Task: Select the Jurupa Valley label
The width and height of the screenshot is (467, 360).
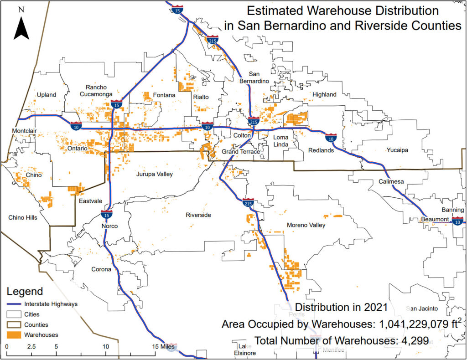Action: click(x=154, y=174)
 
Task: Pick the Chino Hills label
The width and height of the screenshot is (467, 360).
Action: click(x=23, y=217)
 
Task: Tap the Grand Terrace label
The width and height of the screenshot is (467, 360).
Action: click(x=240, y=151)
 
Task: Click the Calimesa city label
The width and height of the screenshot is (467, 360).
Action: click(x=391, y=182)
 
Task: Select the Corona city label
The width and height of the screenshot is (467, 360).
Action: click(x=101, y=269)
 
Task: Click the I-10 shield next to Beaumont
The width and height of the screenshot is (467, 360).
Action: click(x=458, y=221)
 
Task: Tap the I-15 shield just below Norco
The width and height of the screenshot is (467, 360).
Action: click(x=107, y=214)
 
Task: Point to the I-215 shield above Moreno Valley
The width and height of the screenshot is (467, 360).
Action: click(x=248, y=202)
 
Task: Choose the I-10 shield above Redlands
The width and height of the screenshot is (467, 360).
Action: click(x=331, y=137)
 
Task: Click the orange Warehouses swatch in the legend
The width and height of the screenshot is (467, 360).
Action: click(x=14, y=334)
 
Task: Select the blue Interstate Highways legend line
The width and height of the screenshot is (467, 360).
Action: click(x=14, y=304)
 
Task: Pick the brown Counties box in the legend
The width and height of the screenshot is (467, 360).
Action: click(x=14, y=324)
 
